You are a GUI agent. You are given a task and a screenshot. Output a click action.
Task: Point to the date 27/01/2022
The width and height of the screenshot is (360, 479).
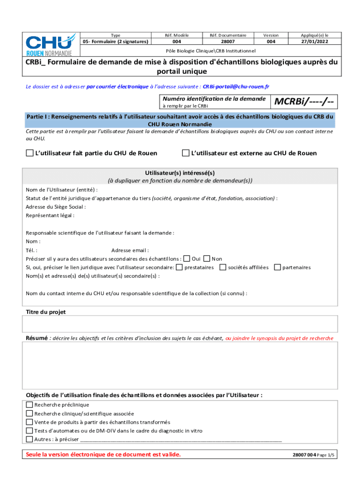[315, 42]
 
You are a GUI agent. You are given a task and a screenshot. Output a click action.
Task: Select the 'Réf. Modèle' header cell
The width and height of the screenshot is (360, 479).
[177, 35]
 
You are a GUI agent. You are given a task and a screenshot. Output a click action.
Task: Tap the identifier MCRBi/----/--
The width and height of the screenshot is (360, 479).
[306, 102]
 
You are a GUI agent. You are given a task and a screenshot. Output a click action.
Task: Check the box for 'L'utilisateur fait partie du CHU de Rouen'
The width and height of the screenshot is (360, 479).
[30, 153]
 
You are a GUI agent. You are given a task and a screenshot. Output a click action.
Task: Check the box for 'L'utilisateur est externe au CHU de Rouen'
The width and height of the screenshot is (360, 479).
[186, 153]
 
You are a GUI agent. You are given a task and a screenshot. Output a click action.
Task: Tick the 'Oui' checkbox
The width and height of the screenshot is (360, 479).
[187, 259]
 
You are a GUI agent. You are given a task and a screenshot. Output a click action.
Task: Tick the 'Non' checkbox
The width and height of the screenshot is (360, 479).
[207, 259]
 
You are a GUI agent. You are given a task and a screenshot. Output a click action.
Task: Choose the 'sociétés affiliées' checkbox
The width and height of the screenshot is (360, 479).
[223, 267]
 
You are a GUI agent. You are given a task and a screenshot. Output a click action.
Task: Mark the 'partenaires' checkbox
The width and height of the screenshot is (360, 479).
[277, 267]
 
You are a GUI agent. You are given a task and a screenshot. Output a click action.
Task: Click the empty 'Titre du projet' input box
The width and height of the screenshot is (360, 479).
[180, 324]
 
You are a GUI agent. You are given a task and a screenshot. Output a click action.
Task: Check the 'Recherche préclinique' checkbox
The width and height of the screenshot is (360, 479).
[29, 405]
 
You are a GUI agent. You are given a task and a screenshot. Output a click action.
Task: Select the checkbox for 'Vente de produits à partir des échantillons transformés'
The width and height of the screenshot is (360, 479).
[29, 422]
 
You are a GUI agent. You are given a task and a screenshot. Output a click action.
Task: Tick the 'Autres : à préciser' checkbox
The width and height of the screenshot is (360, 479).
[29, 439]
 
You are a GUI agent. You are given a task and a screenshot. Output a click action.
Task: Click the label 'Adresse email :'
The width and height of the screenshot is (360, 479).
[130, 250]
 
